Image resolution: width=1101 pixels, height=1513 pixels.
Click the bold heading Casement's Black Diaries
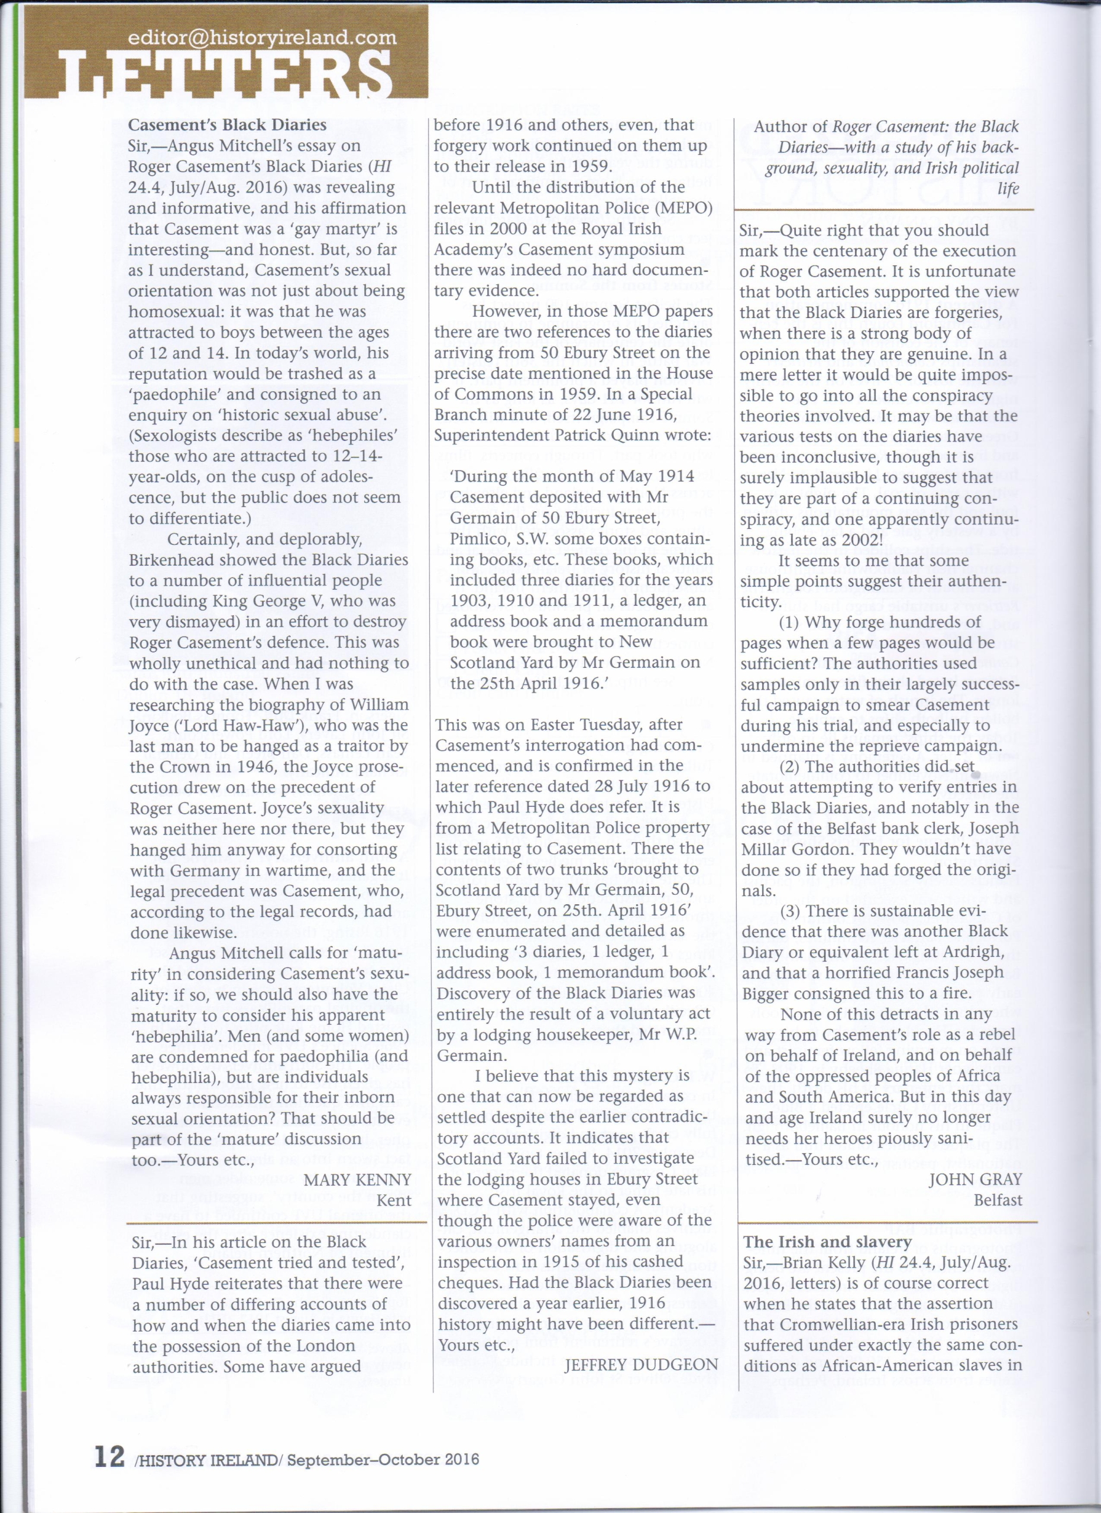point(227,125)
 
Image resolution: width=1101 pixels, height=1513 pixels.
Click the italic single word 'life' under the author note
point(1008,189)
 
